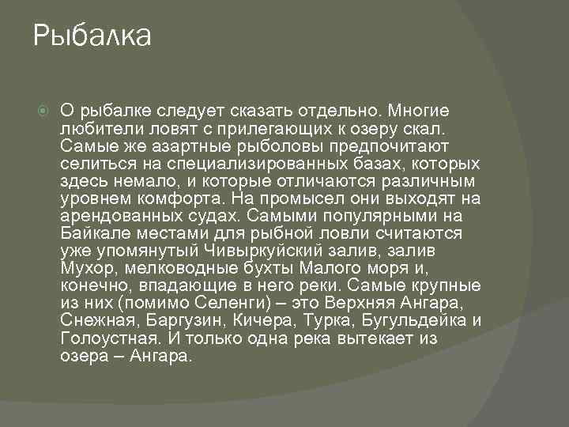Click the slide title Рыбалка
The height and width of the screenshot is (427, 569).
92,36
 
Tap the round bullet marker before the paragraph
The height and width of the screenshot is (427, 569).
42,111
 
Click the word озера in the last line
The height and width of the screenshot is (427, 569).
81,355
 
